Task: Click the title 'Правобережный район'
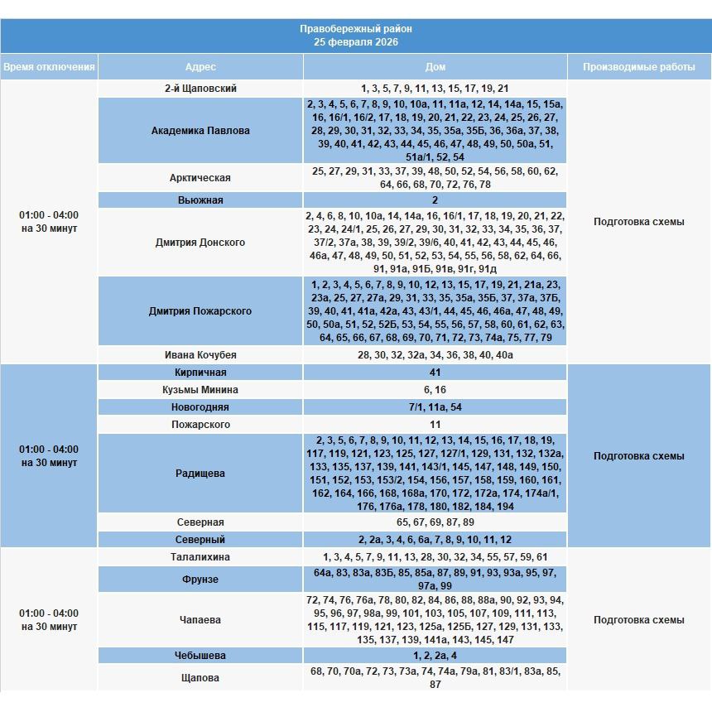[x=355, y=29]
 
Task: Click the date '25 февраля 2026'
[x=355, y=42]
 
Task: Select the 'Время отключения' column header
[x=49, y=67]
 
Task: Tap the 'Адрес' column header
[x=200, y=67]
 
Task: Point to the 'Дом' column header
[x=435, y=67]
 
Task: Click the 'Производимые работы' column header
[x=638, y=67]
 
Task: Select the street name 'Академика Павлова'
[x=200, y=131]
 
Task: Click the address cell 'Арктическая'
[x=200, y=178]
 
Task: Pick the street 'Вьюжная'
[x=200, y=200]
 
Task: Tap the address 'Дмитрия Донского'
[x=200, y=243]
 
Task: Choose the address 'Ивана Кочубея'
[x=200, y=355]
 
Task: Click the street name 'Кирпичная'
[x=200, y=373]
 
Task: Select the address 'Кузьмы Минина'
[x=200, y=390]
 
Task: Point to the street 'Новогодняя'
[x=200, y=407]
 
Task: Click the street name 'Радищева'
[x=200, y=474]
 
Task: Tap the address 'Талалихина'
[x=200, y=557]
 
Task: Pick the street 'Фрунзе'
[x=200, y=580]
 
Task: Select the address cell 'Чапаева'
[x=200, y=620]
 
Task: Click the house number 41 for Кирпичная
[x=435, y=373]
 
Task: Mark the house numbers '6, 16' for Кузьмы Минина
[x=435, y=390]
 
